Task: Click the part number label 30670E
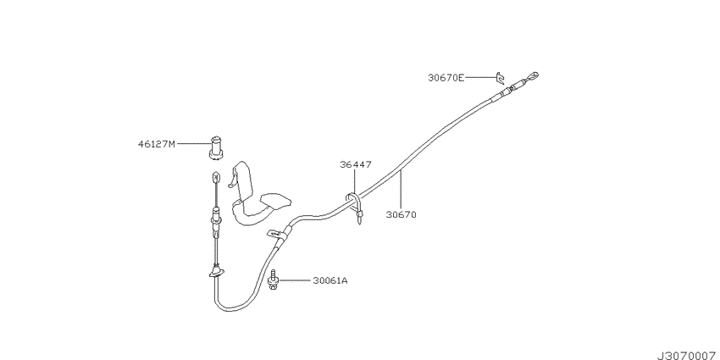[x=446, y=78]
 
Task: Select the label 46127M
[x=157, y=144]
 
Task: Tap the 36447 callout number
[x=356, y=164]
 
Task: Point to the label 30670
[x=401, y=214]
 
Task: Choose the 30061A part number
[x=330, y=280]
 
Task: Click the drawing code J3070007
[x=689, y=356]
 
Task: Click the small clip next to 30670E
[x=500, y=78]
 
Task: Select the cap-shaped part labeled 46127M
[x=216, y=148]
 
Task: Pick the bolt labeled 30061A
[x=272, y=280]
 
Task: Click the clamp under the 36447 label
[x=357, y=208]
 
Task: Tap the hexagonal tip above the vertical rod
[x=215, y=176]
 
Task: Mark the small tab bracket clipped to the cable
[x=277, y=235]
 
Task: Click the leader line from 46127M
[x=194, y=144]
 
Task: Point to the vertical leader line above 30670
[x=401, y=189]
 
